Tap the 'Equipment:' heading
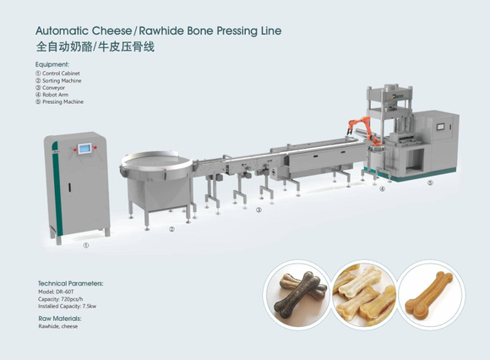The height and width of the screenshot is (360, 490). [x=52, y=65]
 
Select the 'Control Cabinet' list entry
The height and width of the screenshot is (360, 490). [x=57, y=74]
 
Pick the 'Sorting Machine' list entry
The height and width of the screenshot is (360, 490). [x=58, y=80]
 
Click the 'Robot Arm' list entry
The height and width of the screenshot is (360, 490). [x=52, y=95]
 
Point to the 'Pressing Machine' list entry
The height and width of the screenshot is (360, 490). [x=59, y=102]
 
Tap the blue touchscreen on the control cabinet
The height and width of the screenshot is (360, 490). [x=84, y=149]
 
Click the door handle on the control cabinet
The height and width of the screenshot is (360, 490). [x=69, y=188]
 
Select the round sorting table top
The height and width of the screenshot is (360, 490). [x=156, y=161]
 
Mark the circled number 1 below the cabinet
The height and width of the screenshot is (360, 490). [x=85, y=246]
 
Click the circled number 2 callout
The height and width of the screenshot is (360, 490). [x=171, y=229]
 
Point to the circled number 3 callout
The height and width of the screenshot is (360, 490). [x=259, y=210]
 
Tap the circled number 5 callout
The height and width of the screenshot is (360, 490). [x=430, y=183]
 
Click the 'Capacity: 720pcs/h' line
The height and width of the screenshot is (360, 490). [x=61, y=299]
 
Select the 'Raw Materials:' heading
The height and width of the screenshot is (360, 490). [x=60, y=319]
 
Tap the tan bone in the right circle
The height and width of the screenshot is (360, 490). [x=429, y=292]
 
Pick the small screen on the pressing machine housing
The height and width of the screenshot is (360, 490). [x=440, y=127]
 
